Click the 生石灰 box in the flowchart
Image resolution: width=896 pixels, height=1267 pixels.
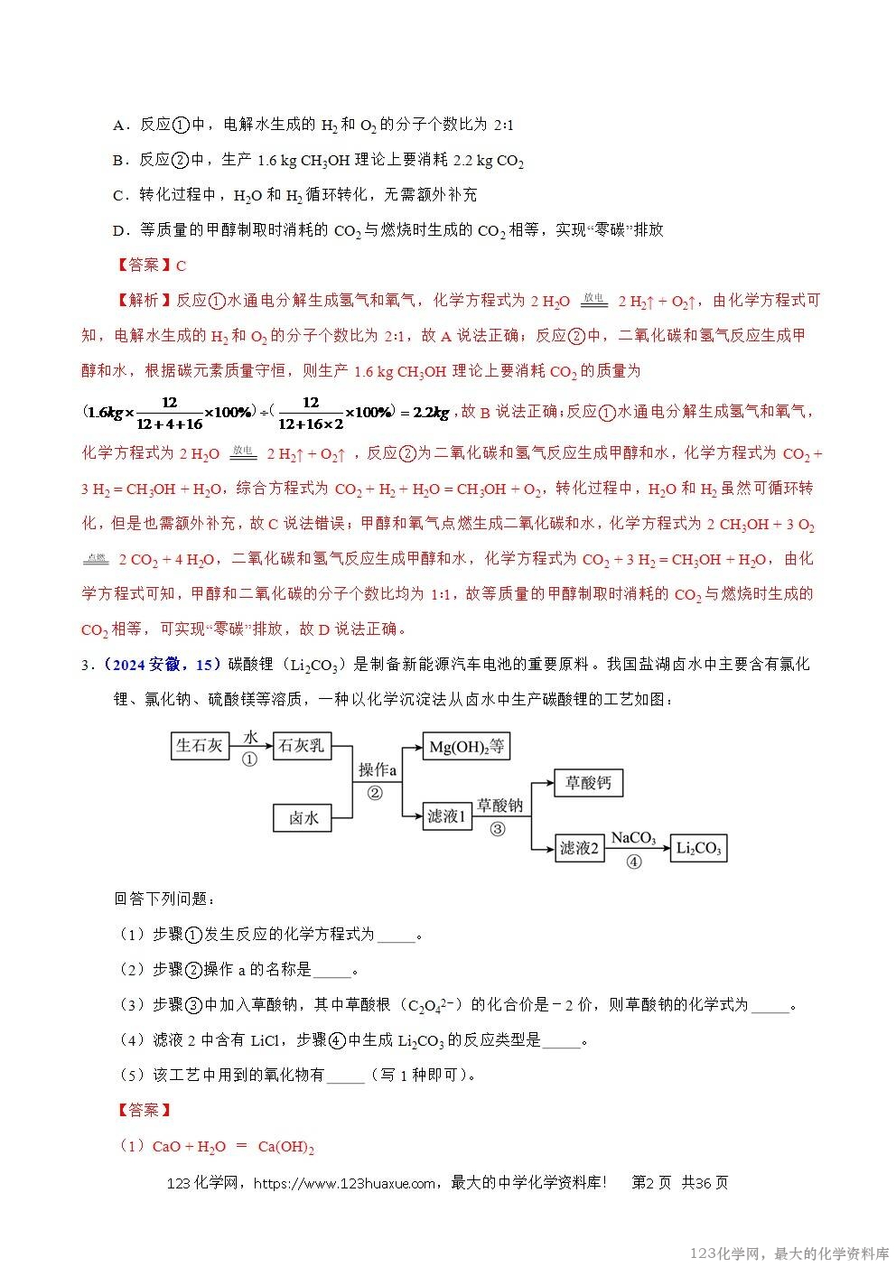click(200, 745)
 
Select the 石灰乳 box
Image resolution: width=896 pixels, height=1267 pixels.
click(301, 745)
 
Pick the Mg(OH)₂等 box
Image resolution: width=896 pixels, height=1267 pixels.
click(467, 746)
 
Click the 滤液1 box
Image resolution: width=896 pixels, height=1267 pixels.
click(447, 815)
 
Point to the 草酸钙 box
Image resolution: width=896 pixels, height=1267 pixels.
click(588, 783)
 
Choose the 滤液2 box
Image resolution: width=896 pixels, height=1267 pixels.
click(579, 848)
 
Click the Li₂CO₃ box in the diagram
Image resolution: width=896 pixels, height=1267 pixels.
click(698, 848)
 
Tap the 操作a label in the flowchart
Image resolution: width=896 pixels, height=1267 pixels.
click(378, 769)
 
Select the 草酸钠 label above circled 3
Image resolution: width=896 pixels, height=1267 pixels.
click(499, 806)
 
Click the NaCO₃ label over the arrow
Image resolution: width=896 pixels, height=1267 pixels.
click(633, 838)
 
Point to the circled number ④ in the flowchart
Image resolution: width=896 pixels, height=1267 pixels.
click(633, 862)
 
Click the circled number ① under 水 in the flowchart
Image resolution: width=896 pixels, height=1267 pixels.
click(249, 759)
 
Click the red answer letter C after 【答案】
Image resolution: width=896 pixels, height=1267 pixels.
click(181, 266)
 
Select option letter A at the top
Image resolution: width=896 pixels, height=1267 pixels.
click(117, 126)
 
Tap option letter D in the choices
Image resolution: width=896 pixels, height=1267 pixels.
click(117, 230)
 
